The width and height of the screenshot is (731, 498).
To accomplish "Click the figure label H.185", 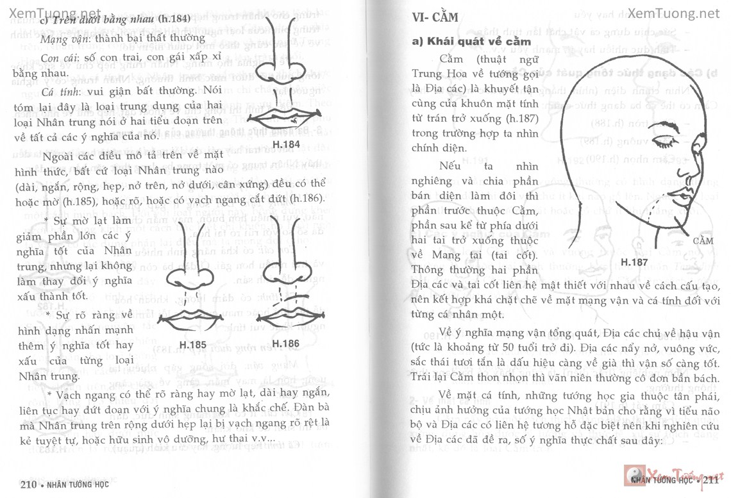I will [x=192, y=345].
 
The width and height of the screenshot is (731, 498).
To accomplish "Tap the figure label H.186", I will [x=285, y=344].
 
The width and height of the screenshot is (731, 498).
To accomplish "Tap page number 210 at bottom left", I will [x=29, y=484].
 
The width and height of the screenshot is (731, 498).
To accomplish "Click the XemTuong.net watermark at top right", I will [x=674, y=12].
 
